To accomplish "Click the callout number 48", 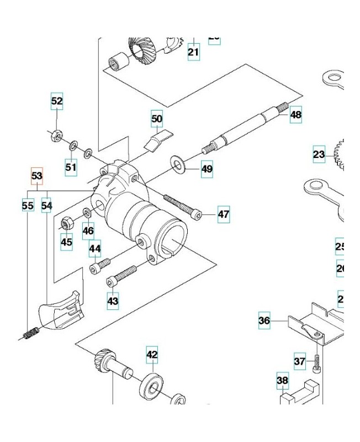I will point(296,115).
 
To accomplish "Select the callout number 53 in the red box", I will point(36,176).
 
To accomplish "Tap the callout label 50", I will point(157,118).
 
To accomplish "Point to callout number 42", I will point(152,354).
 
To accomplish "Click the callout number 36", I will point(264,320).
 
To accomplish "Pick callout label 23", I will point(319,155).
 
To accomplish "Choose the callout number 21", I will point(193,52).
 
